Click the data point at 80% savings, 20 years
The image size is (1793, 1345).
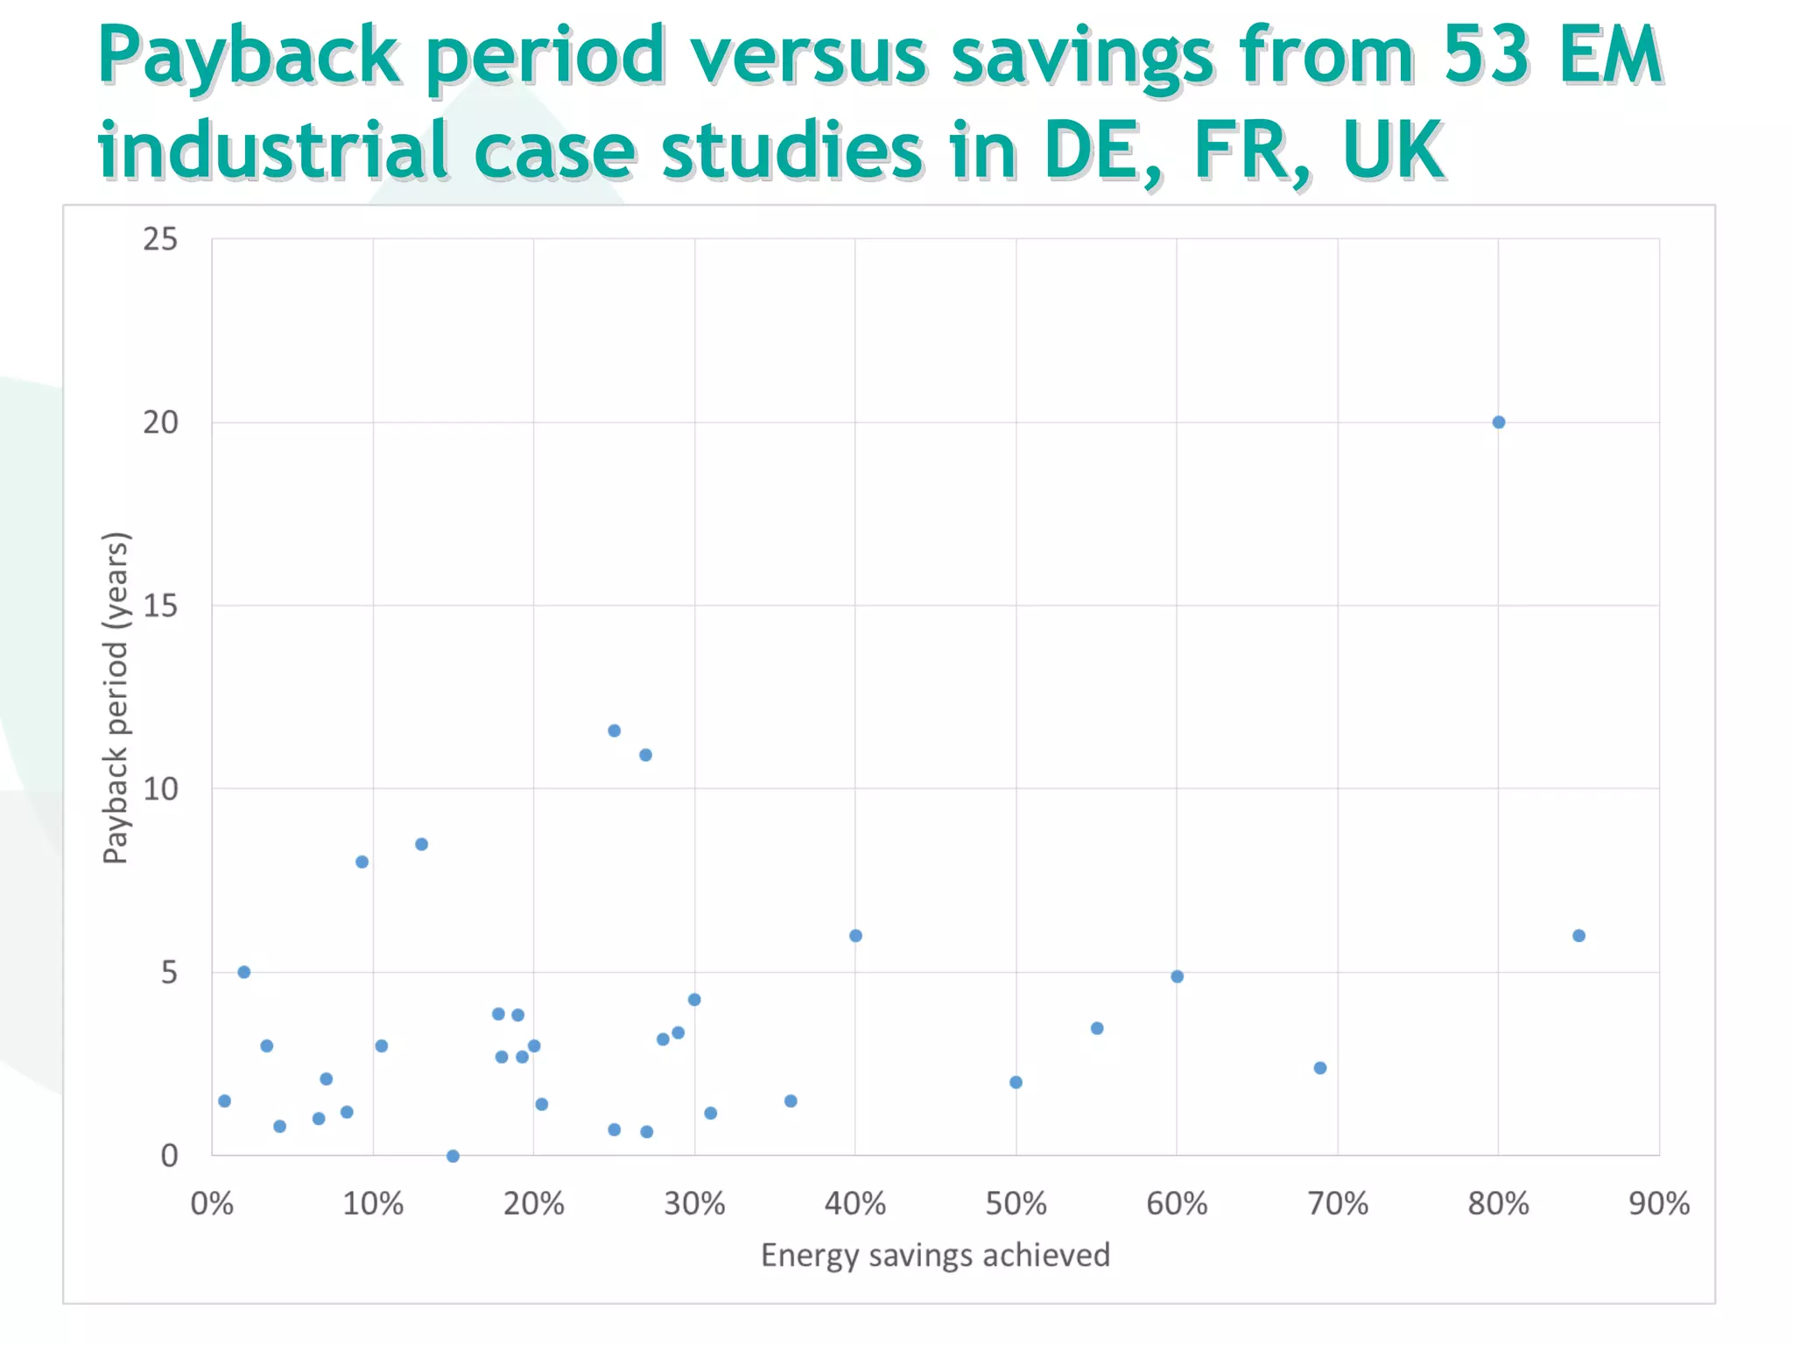(1498, 422)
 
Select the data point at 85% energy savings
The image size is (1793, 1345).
(1579, 935)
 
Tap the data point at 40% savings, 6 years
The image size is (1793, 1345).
(855, 935)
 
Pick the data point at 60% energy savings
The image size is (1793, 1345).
(1177, 976)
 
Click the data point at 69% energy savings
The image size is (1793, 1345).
(1320, 1067)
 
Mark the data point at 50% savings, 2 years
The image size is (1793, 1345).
(1016, 1082)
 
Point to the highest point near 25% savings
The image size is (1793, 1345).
(614, 730)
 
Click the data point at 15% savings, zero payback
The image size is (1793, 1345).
(453, 1156)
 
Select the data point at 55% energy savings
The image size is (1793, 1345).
(1097, 1028)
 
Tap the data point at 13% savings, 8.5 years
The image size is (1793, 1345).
(421, 844)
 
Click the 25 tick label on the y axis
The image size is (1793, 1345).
(160, 239)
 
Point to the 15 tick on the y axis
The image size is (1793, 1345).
(160, 605)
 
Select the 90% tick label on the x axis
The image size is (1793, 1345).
(1658, 1204)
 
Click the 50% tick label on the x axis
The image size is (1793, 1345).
(1016, 1204)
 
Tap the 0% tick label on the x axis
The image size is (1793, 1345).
(212, 1204)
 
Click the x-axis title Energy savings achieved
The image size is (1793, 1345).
(935, 1255)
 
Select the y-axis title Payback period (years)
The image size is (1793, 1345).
(116, 698)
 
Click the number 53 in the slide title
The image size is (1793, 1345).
(1480, 55)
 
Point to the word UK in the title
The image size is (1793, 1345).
(1392, 151)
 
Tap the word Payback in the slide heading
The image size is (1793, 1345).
(250, 55)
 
